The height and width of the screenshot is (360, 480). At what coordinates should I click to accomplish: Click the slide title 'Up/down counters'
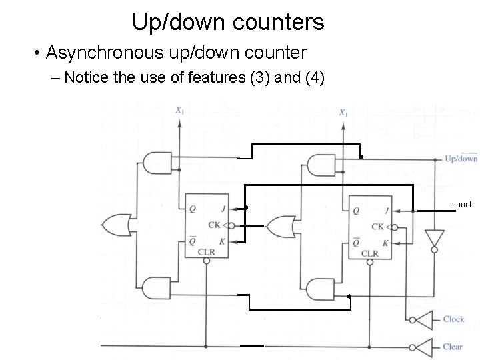(228, 22)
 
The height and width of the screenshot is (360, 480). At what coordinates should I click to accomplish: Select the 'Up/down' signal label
(461, 159)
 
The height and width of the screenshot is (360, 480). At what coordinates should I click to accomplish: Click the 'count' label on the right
(461, 204)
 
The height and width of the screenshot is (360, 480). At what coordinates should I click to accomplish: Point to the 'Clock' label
(453, 319)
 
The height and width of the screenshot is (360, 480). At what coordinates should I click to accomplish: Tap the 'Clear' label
(453, 347)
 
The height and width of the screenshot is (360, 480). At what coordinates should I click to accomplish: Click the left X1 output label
(179, 110)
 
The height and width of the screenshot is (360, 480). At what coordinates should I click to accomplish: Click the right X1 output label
(343, 113)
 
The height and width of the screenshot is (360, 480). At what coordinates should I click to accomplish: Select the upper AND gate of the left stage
(155, 163)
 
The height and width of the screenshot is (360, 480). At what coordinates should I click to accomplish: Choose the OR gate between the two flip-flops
(280, 226)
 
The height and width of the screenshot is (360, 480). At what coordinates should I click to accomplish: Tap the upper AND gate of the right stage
(322, 165)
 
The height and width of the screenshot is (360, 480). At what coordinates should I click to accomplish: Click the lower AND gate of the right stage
(321, 289)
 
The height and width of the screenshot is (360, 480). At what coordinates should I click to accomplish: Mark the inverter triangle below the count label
(435, 238)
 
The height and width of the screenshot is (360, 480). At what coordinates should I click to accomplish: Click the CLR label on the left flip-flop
(206, 252)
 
